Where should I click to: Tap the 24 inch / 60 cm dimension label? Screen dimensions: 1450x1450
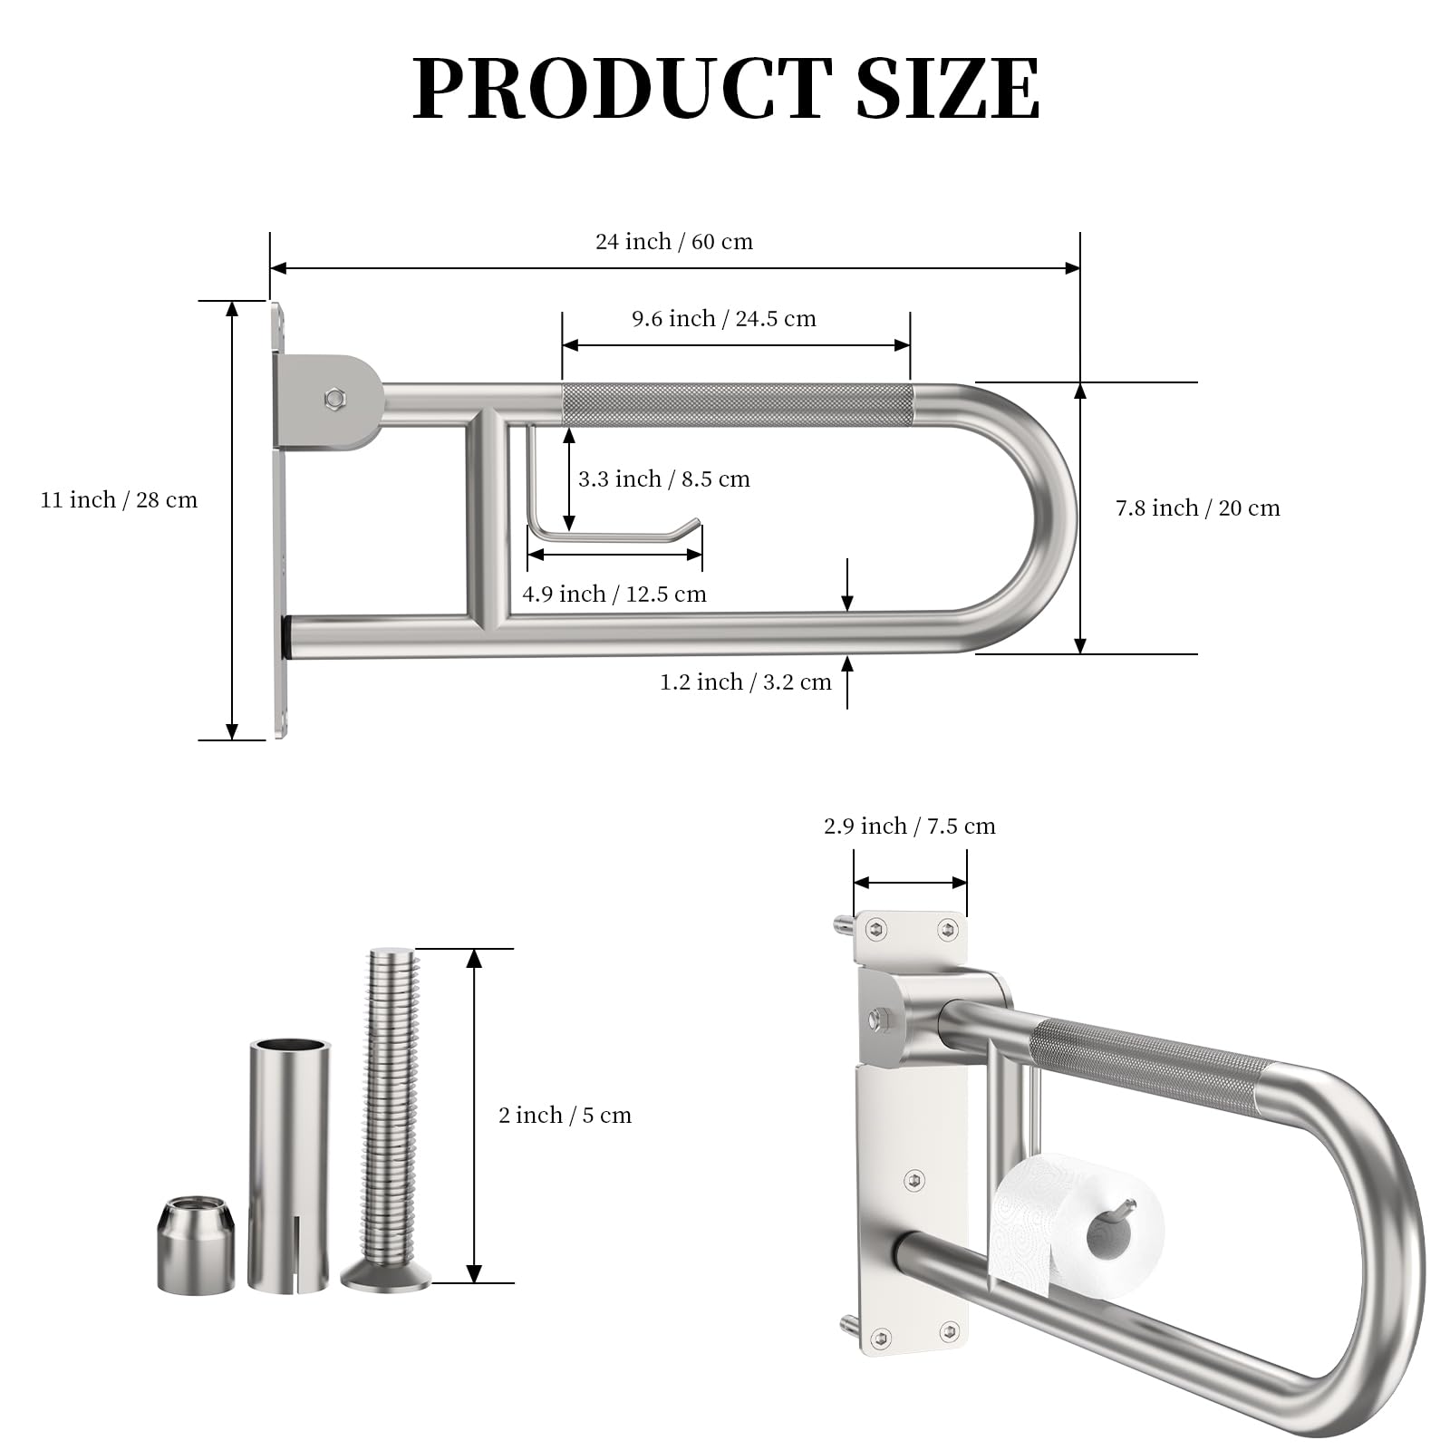674,242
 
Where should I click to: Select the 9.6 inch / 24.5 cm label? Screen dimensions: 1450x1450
724,319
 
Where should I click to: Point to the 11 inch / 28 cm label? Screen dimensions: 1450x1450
119,500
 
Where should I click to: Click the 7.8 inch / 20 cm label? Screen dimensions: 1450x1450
1198,508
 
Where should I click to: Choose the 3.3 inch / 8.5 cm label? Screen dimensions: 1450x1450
664,479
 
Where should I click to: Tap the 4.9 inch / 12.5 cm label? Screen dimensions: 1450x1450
614,594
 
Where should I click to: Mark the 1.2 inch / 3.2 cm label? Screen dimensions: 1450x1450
746,682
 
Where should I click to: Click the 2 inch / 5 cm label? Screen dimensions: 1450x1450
565,1116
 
